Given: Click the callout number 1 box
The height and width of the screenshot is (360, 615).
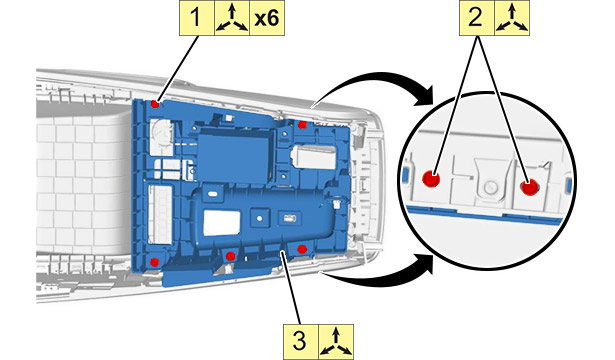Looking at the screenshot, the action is click(197, 18).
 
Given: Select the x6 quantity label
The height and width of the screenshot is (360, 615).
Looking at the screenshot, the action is click(267, 18).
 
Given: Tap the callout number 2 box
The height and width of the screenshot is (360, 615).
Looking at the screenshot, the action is click(477, 18).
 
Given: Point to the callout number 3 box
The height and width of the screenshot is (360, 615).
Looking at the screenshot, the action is click(301, 342).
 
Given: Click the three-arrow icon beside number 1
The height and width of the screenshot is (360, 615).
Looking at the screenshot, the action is click(232, 18).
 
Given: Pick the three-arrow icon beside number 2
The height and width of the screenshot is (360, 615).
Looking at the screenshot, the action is click(512, 18).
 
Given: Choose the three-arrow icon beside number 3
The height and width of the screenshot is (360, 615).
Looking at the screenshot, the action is click(336, 342).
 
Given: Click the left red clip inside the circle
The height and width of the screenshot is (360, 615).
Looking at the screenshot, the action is click(431, 179).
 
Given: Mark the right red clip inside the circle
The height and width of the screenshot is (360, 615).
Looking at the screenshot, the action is click(529, 187).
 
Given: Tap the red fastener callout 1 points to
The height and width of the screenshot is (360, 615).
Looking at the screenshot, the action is click(155, 104).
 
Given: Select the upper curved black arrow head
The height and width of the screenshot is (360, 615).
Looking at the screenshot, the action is click(425, 96).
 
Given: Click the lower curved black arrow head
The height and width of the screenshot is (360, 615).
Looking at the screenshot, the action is click(425, 264).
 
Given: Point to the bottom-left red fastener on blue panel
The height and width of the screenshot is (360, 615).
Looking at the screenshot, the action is click(155, 262).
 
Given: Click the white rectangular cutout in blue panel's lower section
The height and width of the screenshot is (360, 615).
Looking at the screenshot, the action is click(222, 223).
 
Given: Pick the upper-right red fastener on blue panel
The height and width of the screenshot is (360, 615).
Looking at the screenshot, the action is click(302, 125).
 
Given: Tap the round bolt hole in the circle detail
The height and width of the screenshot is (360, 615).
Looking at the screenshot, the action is click(489, 187).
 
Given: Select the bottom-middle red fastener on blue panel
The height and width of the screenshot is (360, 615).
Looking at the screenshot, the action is click(230, 256).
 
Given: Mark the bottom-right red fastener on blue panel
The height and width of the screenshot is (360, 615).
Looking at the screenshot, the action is click(301, 249).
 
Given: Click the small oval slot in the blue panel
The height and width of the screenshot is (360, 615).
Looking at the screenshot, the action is click(213, 194).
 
